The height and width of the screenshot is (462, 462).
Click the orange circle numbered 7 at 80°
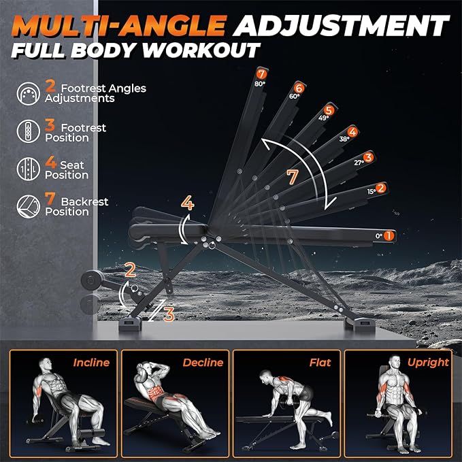(x=261, y=73)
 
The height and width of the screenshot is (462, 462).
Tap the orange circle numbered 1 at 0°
(x=389, y=235)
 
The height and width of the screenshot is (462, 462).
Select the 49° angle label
(x=323, y=118)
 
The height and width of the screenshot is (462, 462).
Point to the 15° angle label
(x=372, y=191)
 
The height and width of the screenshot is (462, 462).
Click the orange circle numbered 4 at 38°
(x=352, y=132)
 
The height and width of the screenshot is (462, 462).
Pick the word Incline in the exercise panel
(x=91, y=363)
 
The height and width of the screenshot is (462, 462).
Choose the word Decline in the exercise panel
(x=203, y=363)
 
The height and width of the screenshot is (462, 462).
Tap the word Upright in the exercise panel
(x=428, y=363)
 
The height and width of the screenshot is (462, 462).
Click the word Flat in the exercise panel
(x=320, y=363)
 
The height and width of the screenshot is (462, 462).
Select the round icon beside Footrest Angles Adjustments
(x=29, y=94)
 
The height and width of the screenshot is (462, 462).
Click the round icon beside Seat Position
(x=29, y=169)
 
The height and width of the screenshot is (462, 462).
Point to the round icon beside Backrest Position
(x=29, y=206)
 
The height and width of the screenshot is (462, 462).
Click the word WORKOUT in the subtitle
(x=201, y=50)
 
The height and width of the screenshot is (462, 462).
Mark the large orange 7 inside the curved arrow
(x=293, y=177)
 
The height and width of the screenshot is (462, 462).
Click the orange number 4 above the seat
(x=188, y=203)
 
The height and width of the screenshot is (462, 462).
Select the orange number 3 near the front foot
(x=169, y=314)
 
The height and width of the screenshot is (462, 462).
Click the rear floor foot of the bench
(x=360, y=325)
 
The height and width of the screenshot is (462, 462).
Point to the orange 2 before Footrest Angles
(x=50, y=86)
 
